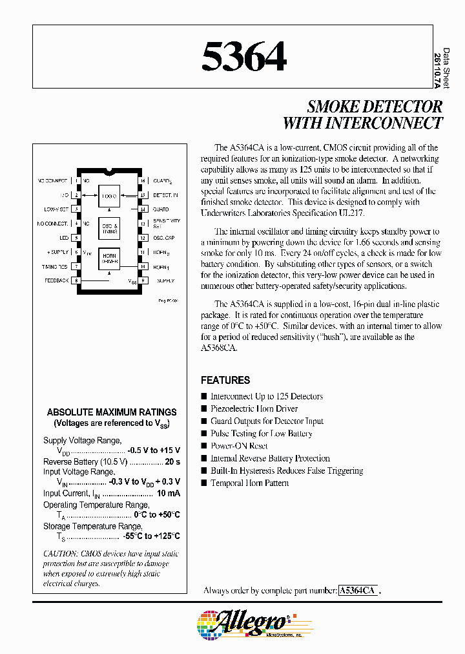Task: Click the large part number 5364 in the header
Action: point(243,57)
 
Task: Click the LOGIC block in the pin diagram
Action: point(108,195)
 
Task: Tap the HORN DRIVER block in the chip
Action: point(108,258)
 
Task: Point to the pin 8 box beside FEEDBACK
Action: point(77,280)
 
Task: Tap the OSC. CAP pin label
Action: point(163,237)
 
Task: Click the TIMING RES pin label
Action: point(55,266)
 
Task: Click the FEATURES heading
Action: point(225,380)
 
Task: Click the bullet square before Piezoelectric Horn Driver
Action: point(205,408)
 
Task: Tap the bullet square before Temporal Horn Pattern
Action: point(205,483)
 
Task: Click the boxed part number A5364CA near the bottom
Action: point(358,590)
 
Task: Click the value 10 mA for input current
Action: point(167,494)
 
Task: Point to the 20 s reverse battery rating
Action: point(172,462)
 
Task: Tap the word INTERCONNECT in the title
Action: point(381,123)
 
